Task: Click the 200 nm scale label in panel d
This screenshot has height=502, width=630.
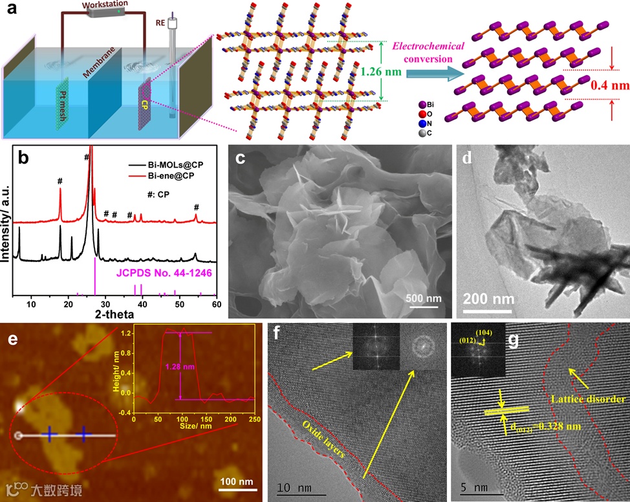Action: point(489,300)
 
